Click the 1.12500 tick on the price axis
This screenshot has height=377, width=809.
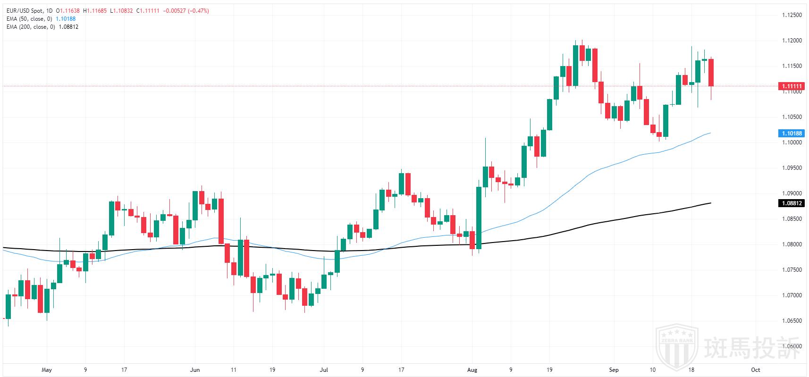point(792,15)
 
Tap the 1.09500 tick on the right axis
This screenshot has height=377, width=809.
point(792,168)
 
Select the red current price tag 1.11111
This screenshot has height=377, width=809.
point(791,86)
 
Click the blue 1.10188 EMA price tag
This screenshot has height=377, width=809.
point(791,134)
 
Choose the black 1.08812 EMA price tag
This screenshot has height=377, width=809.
point(791,203)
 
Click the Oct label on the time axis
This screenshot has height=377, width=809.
point(755,370)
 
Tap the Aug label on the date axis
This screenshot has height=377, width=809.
point(472,370)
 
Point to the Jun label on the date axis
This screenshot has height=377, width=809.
point(195,370)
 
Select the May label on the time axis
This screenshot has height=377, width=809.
point(46,370)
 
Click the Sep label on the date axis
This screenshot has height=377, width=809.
point(614,370)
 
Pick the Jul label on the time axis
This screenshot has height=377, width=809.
point(324,370)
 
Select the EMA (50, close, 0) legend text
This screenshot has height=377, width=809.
point(30,19)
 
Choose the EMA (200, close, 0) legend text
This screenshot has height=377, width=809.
point(31,27)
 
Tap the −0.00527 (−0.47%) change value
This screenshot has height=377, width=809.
point(186,10)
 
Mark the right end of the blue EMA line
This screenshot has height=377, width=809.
point(711,133)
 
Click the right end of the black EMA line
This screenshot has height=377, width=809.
point(711,203)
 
